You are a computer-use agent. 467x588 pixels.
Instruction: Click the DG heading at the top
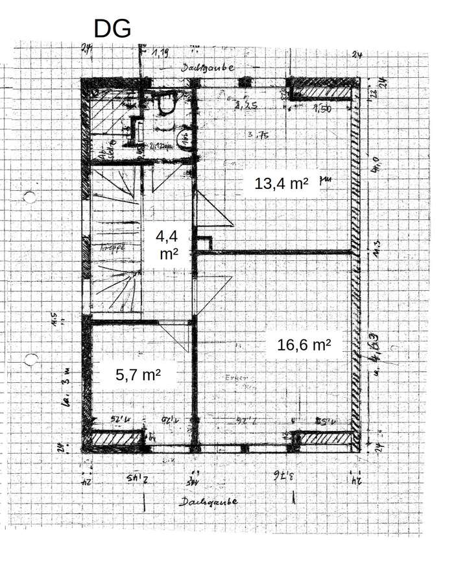click(x=112, y=29)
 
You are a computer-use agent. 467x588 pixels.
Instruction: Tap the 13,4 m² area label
click(x=281, y=184)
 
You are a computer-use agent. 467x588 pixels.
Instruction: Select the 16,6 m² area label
click(x=304, y=345)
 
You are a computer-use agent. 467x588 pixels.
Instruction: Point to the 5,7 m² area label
click(x=138, y=374)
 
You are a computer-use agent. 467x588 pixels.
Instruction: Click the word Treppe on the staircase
click(x=112, y=247)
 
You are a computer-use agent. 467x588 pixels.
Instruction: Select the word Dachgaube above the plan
click(x=208, y=67)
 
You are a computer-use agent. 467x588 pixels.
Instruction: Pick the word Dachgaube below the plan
click(x=208, y=502)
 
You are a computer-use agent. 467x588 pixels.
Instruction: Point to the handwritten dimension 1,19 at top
click(x=161, y=53)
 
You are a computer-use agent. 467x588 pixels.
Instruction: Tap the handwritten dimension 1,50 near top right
click(x=322, y=109)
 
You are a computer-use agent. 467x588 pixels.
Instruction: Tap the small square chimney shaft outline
click(x=204, y=243)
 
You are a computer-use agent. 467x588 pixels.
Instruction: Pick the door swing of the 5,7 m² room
click(x=174, y=336)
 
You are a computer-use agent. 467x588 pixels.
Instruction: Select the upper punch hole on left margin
click(x=29, y=197)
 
